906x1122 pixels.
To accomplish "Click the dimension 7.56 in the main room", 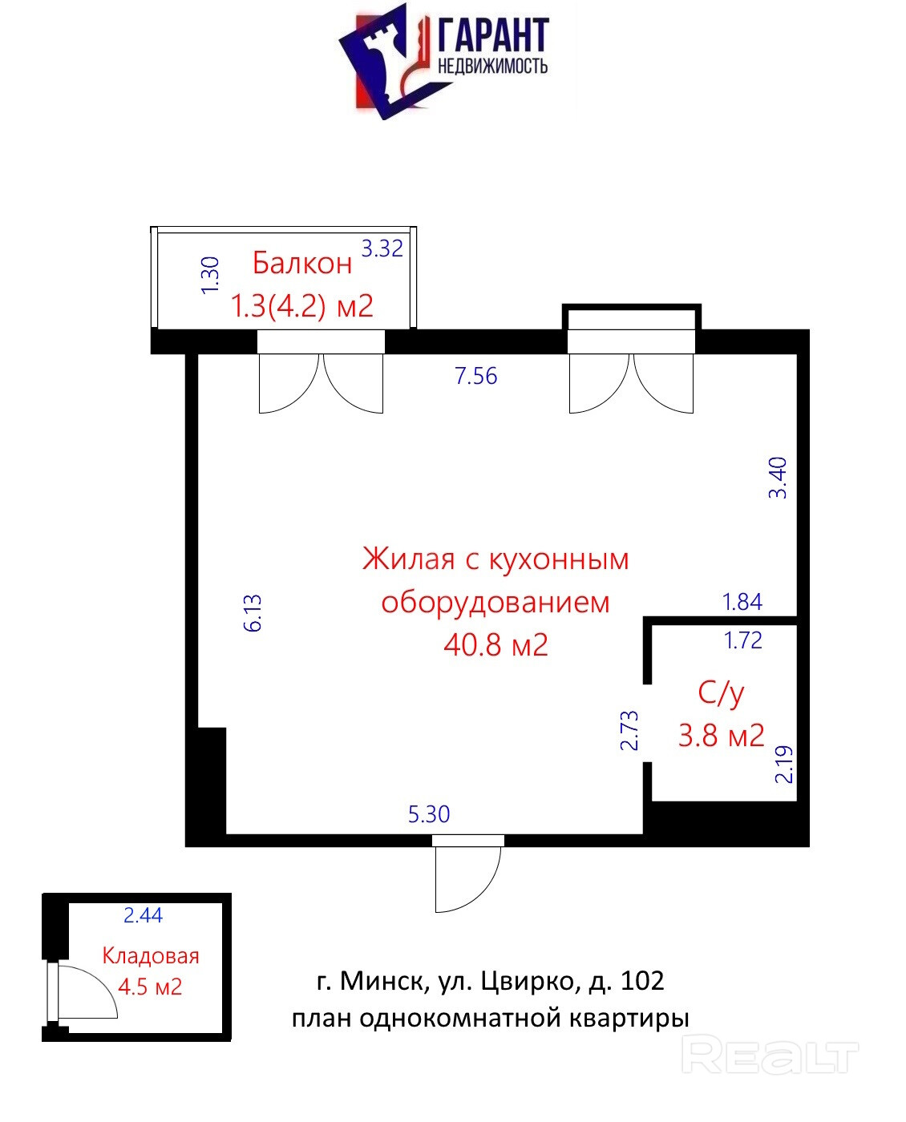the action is (476, 376).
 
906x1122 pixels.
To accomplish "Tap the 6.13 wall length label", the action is (253, 613).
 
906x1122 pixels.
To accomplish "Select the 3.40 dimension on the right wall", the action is (778, 478).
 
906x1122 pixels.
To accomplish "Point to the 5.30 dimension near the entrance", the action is (429, 814).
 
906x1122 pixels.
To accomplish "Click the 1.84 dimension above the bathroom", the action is (742, 602).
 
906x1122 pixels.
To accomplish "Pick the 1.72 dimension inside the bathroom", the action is (742, 640).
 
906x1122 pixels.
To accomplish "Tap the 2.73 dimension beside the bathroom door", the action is (629, 731).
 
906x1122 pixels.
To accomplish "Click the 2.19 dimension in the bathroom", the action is (783, 765).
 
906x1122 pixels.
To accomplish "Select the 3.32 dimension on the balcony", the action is (382, 248).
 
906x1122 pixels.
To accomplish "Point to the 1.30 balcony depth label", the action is (210, 275).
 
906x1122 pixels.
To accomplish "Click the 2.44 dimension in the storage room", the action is (143, 915).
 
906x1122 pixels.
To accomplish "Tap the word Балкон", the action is (302, 263).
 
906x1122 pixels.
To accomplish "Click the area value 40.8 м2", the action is (495, 644).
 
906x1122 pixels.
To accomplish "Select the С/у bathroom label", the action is (721, 693).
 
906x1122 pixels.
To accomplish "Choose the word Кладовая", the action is (151, 955).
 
